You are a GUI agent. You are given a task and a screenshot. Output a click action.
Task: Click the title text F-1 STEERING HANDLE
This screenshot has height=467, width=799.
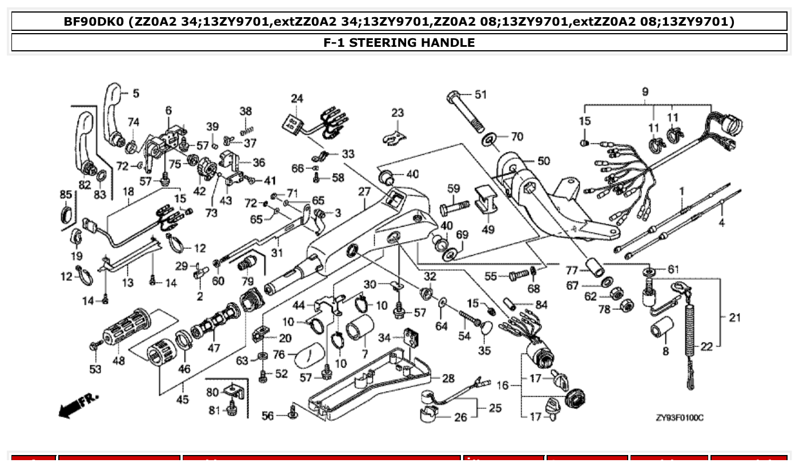tap(399, 42)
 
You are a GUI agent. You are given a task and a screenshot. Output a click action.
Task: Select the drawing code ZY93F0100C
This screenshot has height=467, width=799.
tap(680, 418)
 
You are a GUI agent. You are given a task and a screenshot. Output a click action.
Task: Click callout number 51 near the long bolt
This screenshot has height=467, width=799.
tap(481, 94)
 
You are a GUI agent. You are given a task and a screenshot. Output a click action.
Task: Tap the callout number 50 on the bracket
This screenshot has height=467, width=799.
tap(543, 161)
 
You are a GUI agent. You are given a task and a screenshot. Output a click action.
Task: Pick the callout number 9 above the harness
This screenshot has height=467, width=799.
tap(645, 91)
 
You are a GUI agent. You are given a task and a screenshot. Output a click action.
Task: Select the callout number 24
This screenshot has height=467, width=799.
tap(297, 98)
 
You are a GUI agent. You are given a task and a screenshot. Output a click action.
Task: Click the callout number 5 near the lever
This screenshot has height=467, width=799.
tap(136, 93)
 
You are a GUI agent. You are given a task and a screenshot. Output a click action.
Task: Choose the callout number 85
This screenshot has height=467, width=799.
tap(66, 195)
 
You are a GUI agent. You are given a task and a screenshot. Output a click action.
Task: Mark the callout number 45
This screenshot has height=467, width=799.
tap(182, 400)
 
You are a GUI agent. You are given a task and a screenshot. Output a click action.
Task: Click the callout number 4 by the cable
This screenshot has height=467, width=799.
tap(721, 223)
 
